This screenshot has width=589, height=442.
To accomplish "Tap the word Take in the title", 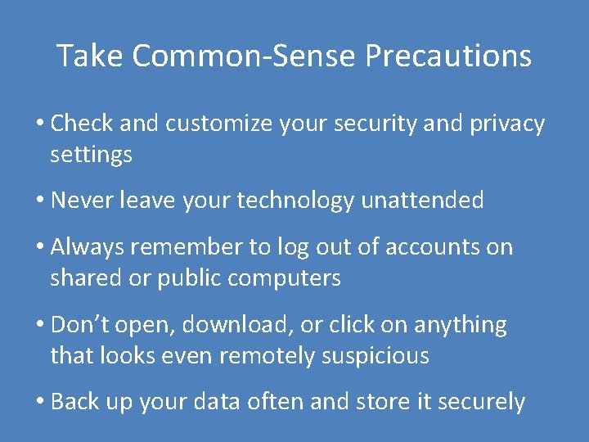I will [90, 56].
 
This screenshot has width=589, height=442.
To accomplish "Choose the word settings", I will [91, 155].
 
